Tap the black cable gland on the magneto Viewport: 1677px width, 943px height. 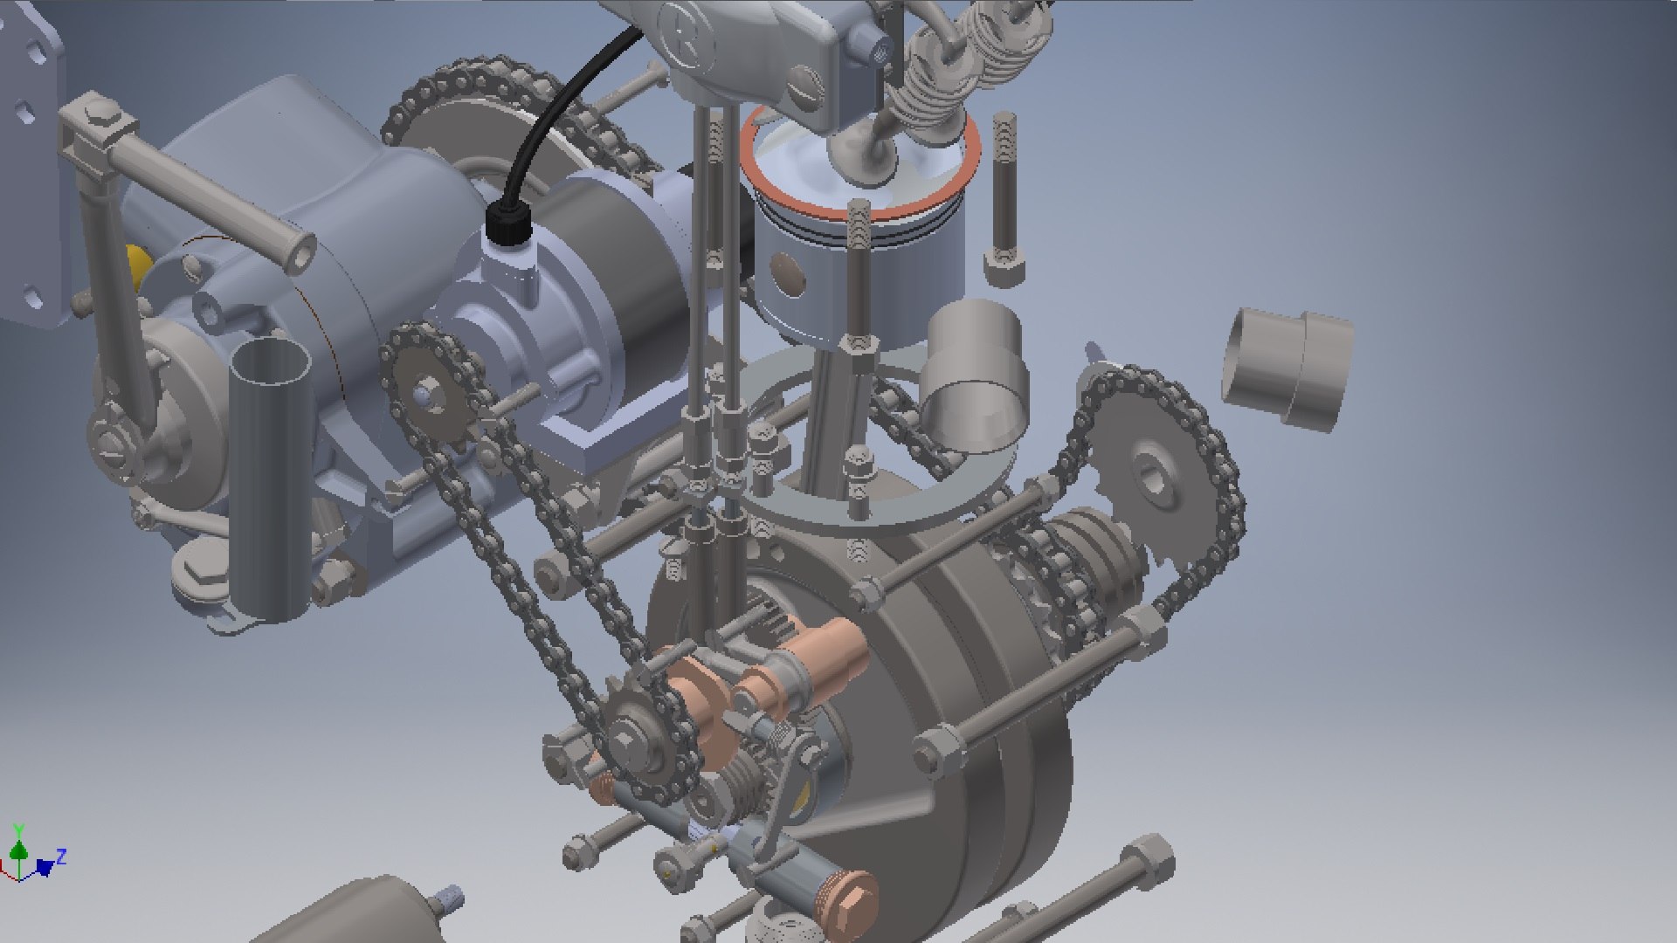(x=507, y=224)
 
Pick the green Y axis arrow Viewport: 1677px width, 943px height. (x=18, y=845)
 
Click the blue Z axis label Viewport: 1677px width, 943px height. (x=61, y=857)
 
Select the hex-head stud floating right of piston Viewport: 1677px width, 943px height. (x=1004, y=201)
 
